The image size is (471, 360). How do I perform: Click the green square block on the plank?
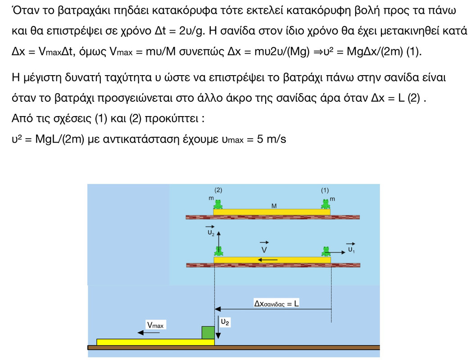[208, 333]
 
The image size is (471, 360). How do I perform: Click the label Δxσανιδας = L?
[276, 303]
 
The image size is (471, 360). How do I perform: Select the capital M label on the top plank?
[274, 206]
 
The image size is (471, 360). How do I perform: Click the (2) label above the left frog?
[218, 190]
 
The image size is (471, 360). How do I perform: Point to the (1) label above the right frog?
[325, 190]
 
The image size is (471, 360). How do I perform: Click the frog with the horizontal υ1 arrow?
[325, 251]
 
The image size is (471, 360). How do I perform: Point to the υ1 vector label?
[351, 249]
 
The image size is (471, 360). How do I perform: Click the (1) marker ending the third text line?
[414, 51]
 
